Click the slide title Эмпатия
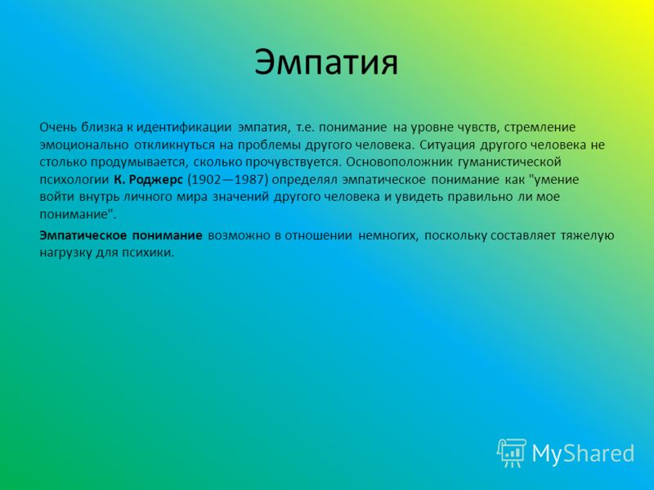326,63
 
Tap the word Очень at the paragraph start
57,127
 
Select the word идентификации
184,127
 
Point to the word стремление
540,127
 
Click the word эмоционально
84,145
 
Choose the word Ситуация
447,145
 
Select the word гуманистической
509,162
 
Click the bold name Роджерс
155,180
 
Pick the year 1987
249,180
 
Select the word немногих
388,235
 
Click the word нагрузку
65,253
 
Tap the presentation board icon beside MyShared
512,453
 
